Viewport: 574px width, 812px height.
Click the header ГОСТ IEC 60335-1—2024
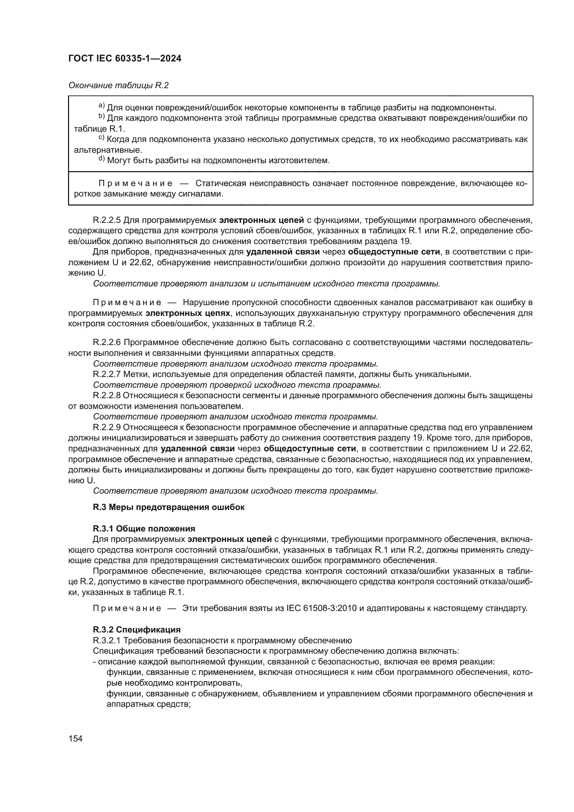tap(125, 59)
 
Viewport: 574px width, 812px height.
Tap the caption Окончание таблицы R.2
tap(118, 86)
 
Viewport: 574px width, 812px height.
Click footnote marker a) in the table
tap(101, 106)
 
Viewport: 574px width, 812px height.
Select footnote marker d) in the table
tap(101, 159)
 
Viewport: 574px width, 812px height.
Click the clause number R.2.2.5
tap(107, 220)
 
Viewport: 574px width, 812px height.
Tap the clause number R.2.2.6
tap(107, 342)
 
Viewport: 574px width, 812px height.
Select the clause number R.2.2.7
tap(107, 374)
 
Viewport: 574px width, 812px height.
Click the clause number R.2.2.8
tap(107, 395)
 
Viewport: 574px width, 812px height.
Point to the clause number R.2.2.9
tap(107, 427)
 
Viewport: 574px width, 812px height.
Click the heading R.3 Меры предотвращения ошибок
tap(169, 507)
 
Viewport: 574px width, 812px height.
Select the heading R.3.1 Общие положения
tap(144, 529)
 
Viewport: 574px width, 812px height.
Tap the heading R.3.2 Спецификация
tap(136, 630)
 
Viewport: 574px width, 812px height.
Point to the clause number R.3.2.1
tap(107, 641)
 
